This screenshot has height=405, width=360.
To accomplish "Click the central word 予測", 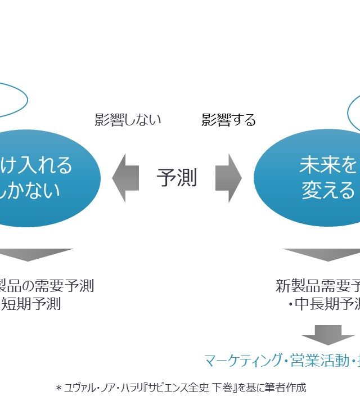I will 177,178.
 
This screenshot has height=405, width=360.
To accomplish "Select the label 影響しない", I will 128,120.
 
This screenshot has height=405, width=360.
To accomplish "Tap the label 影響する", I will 228,120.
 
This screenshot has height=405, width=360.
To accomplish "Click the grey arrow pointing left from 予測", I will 125,178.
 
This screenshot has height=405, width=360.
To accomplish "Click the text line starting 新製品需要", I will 317,286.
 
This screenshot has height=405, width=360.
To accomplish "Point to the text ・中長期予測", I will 324,304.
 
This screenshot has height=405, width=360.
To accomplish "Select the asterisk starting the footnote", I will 58,388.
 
